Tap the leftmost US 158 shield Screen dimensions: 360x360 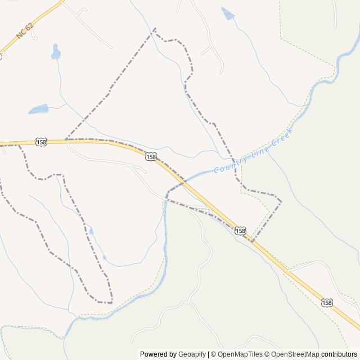tap(41, 142)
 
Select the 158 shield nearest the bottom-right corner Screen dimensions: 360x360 tap(327, 303)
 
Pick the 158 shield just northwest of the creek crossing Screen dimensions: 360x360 tap(151, 156)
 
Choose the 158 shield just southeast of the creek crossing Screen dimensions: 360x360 tap(241, 231)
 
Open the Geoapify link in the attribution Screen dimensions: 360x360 tap(192, 354)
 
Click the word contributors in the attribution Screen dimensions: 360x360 tap(339, 354)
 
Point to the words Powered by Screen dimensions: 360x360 tap(158, 354)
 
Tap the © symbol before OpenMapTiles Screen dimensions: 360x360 tap(212, 354)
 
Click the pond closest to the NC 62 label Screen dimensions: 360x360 tap(55, 52)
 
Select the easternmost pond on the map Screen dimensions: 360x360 tap(228, 13)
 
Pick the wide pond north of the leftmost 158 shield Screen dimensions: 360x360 tap(38, 109)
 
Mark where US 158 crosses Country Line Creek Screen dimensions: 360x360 tap(183, 181)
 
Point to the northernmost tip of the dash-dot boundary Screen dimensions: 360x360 tap(155, 28)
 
